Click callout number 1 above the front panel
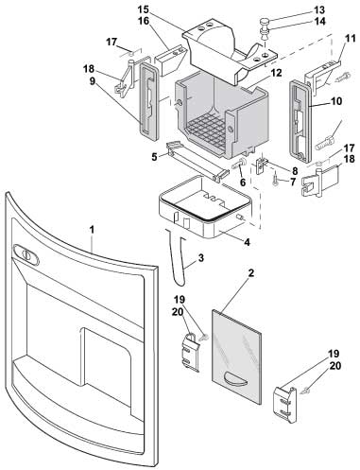(x=92, y=230)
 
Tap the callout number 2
(x=251, y=273)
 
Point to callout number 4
(x=247, y=242)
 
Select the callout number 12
(x=276, y=73)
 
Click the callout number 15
(x=144, y=9)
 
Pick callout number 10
(x=336, y=101)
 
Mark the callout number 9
(x=92, y=81)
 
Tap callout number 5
(x=154, y=157)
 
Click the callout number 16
(x=144, y=21)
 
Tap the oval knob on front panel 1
(x=26, y=254)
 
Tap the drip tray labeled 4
(x=205, y=207)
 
